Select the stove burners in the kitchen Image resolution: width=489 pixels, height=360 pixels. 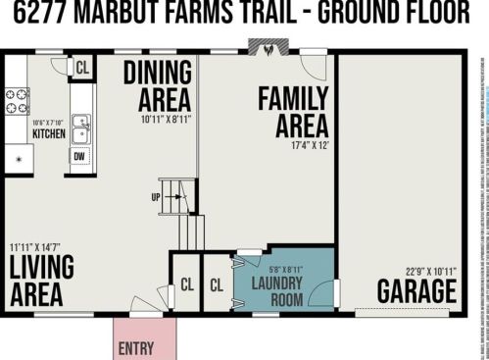[18, 101]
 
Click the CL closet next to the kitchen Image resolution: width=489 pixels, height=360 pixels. [82, 68]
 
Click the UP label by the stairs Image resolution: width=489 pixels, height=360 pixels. [156, 196]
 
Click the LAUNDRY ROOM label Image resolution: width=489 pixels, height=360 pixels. [277, 292]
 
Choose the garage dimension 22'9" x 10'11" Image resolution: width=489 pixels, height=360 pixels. [430, 271]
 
